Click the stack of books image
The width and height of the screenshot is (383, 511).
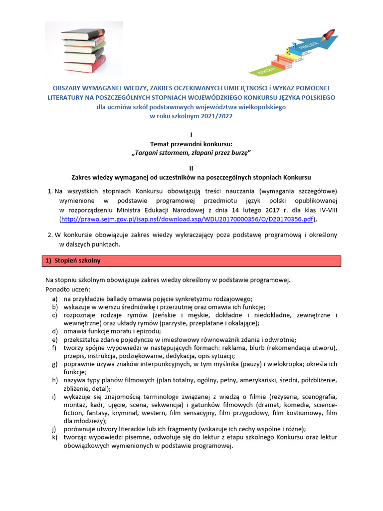pyautogui.click(x=84, y=48)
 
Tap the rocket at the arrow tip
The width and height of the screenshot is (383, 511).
pyautogui.click(x=330, y=34)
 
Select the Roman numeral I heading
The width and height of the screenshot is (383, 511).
pyautogui.click(x=191, y=135)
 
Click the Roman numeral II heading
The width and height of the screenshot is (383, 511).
pyautogui.click(x=191, y=168)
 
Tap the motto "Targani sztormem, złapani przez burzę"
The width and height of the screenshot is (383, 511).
pyautogui.click(x=191, y=152)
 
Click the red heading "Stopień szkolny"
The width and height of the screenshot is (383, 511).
pyautogui.click(x=76, y=261)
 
